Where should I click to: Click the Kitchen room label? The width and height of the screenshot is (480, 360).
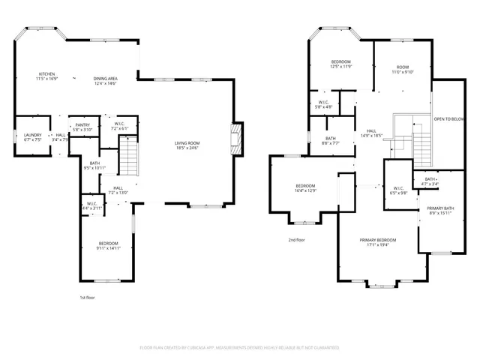click(46, 73)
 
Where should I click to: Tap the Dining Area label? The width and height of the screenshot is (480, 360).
click(105, 79)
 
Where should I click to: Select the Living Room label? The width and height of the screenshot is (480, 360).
click(187, 143)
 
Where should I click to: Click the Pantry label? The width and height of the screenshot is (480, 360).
click(82, 125)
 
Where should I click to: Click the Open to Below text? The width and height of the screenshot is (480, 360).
click(448, 118)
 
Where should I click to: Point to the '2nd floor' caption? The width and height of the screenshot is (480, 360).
click(297, 240)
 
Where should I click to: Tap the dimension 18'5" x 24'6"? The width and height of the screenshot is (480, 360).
click(187, 148)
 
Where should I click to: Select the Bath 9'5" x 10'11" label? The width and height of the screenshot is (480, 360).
click(94, 165)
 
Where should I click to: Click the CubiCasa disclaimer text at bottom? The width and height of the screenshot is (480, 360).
click(240, 348)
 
